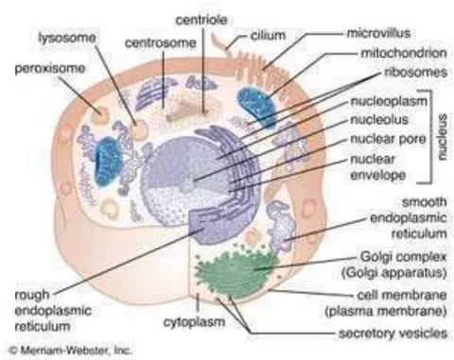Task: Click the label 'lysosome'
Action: (x=67, y=38)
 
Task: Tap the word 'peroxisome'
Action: (x=50, y=69)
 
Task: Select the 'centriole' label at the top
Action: (x=201, y=20)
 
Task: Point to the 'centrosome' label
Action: (x=161, y=43)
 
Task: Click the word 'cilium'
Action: (x=269, y=36)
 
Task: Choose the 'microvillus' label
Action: (x=379, y=33)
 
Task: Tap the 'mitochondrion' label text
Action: (x=404, y=53)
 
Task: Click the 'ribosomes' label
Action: (x=416, y=73)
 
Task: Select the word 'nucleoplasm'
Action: (x=389, y=101)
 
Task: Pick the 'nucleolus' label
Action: (x=379, y=120)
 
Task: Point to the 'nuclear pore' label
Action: (x=389, y=139)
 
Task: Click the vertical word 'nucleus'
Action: (x=442, y=137)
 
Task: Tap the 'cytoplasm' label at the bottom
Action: (x=195, y=322)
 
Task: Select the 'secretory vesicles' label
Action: (x=393, y=334)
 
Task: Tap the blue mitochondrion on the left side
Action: (x=108, y=161)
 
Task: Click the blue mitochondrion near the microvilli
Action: (x=256, y=108)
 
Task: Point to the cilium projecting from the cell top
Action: (x=223, y=44)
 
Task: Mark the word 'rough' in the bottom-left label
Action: (x=32, y=295)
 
